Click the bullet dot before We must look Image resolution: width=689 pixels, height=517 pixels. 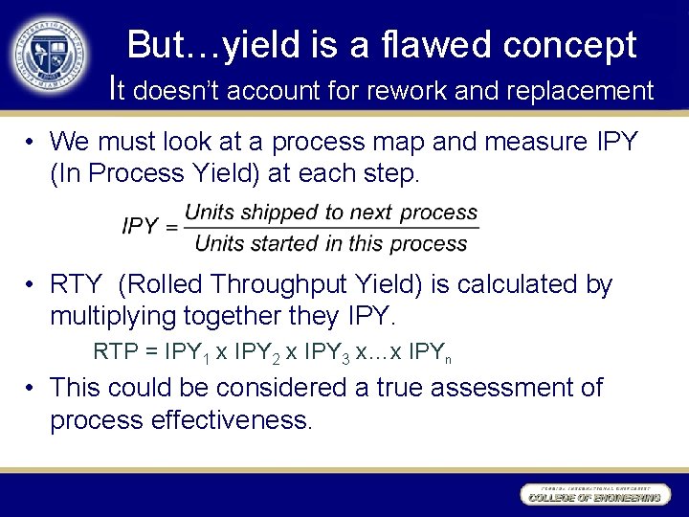point(32,143)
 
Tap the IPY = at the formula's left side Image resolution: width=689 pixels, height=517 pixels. point(150,227)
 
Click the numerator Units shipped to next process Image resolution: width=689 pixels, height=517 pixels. point(330,212)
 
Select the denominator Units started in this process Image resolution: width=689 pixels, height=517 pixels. point(330,243)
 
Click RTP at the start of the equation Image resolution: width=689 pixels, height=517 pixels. point(114,351)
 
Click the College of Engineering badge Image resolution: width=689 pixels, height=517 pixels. point(593,495)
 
